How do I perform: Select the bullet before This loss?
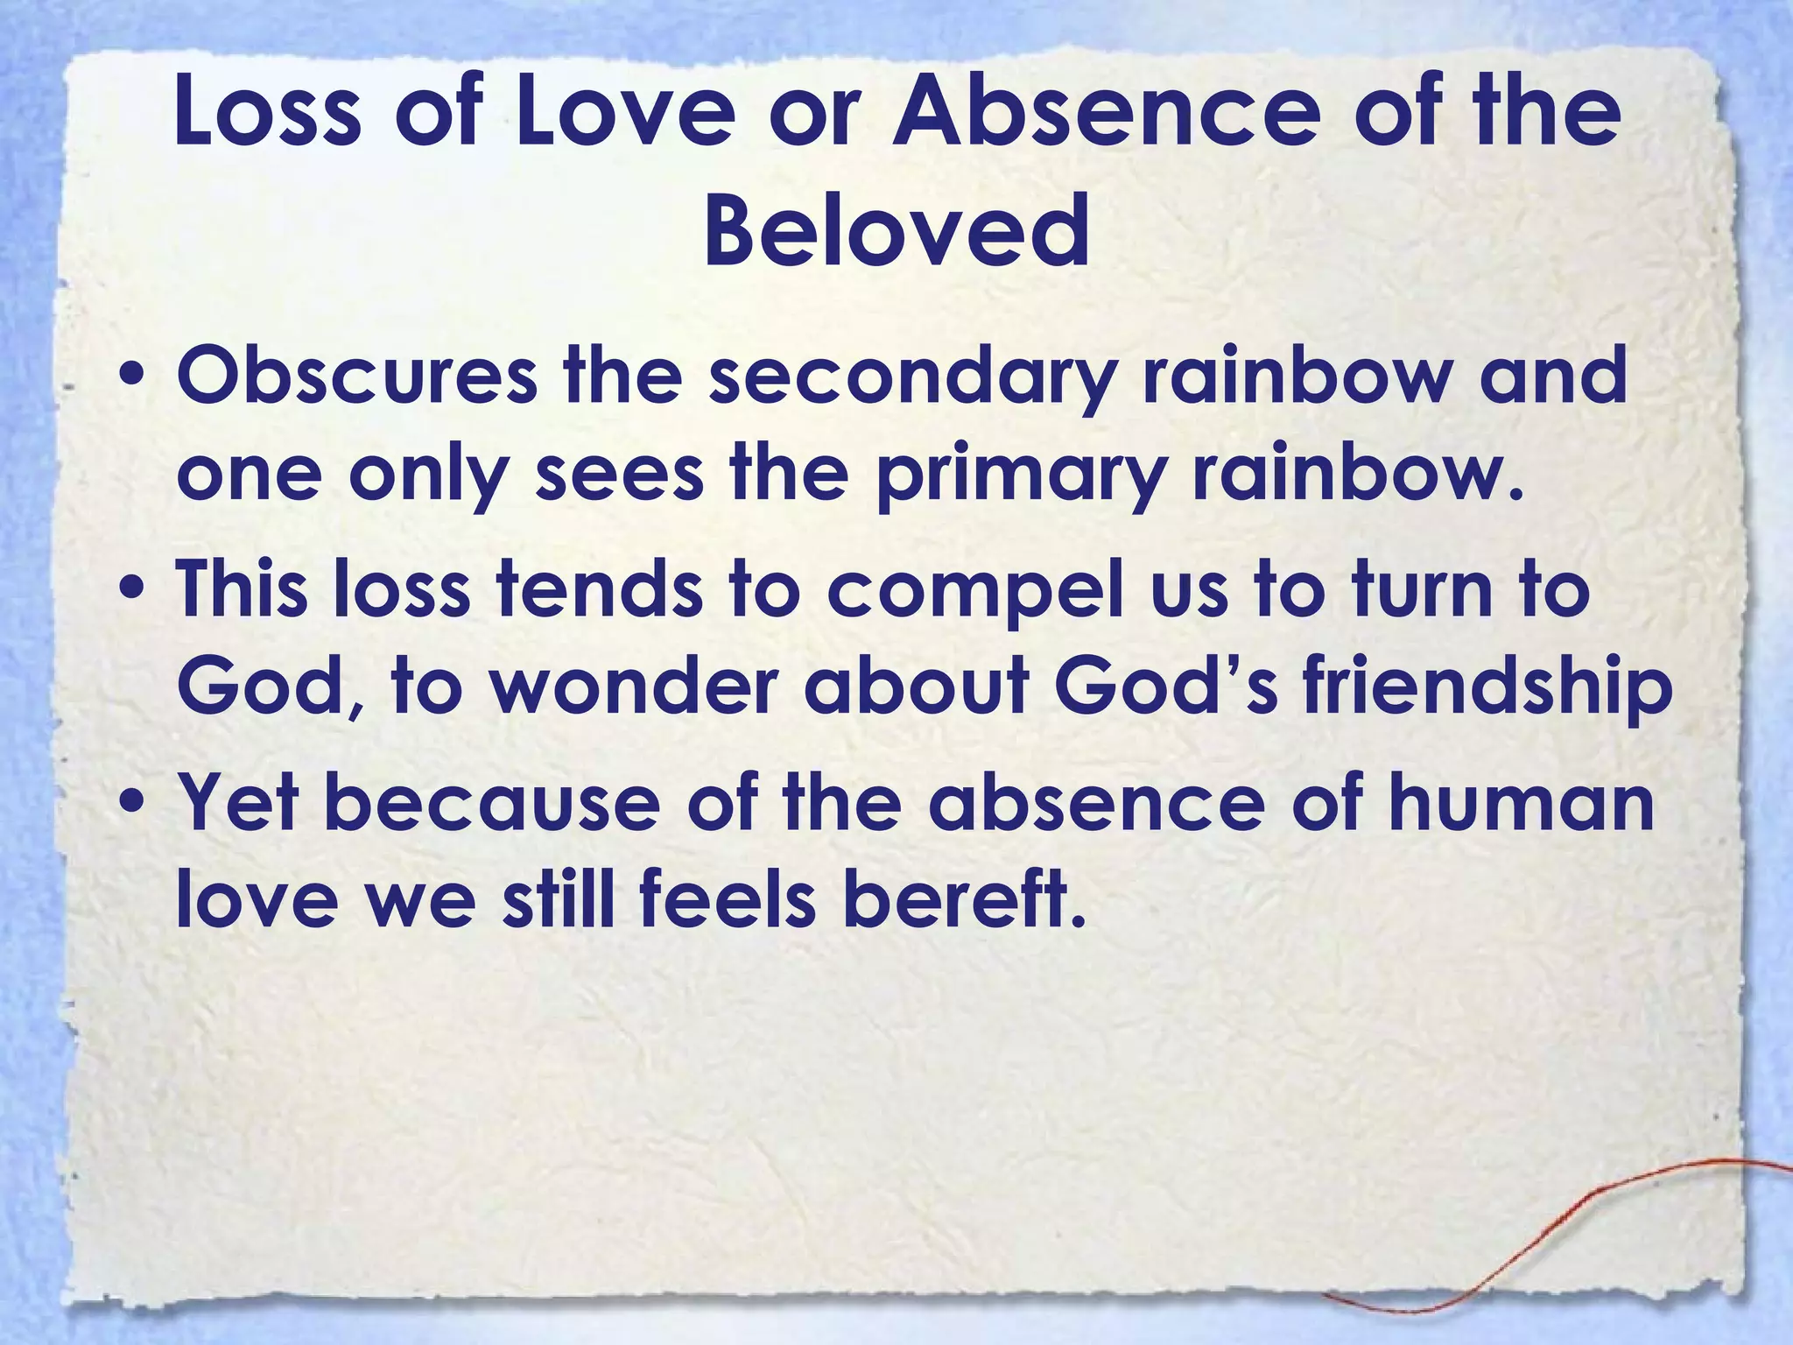pyautogui.click(x=130, y=591)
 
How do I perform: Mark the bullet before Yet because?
pyautogui.click(x=130, y=803)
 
